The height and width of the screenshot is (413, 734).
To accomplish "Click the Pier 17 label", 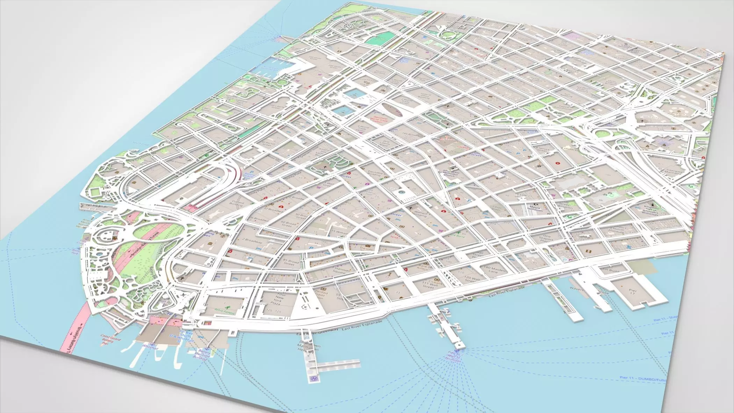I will coord(633,293).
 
